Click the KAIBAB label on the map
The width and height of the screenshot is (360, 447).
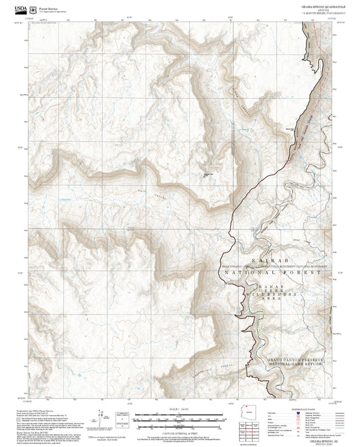274,260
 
